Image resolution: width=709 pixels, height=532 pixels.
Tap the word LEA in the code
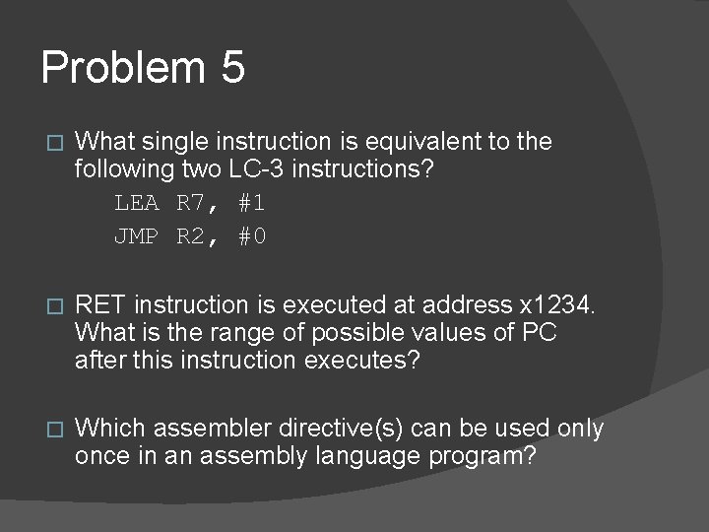click(x=136, y=205)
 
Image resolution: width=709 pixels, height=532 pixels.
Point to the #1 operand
click(x=250, y=205)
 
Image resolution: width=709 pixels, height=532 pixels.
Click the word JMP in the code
click(x=136, y=236)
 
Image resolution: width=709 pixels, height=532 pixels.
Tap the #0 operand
click(x=250, y=236)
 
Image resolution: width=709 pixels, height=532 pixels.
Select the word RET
click(x=101, y=306)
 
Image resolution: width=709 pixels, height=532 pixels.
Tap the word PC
click(x=539, y=333)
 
